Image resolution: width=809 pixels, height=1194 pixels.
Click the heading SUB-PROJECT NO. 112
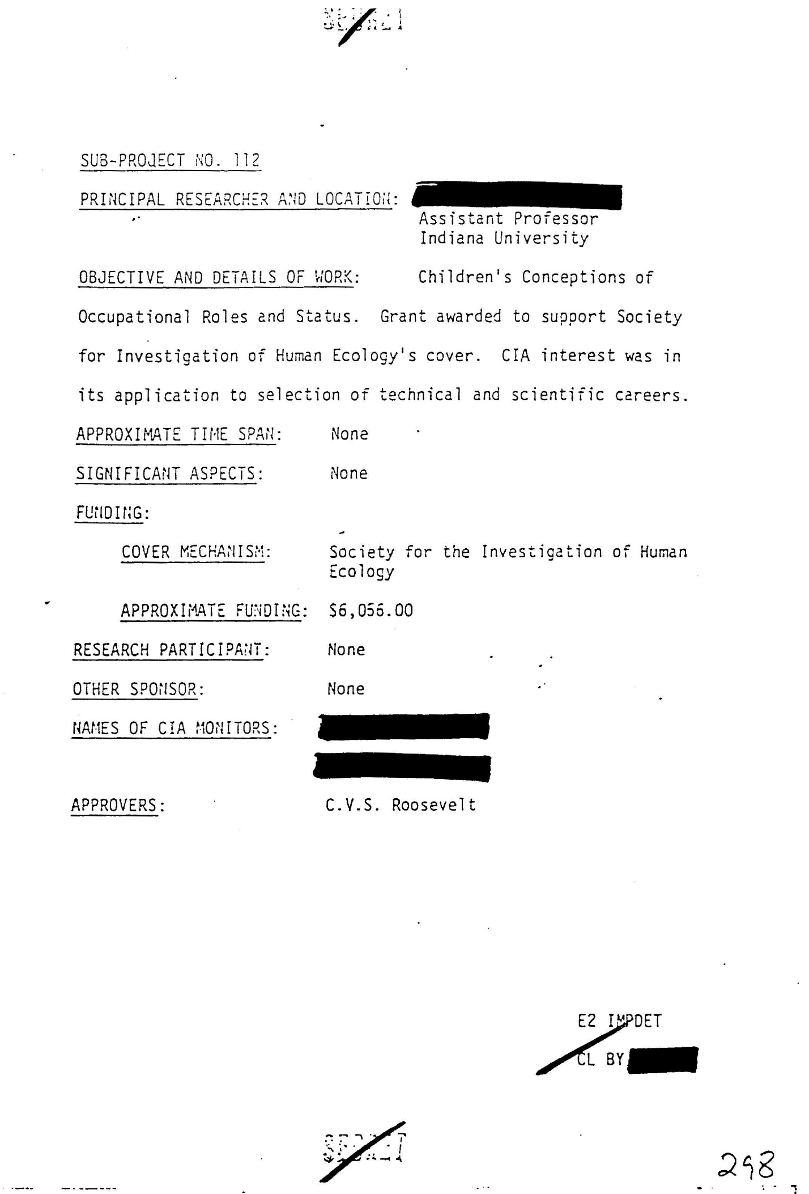170,160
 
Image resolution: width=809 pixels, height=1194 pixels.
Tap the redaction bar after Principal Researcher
518,197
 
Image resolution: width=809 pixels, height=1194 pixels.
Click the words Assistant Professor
508,219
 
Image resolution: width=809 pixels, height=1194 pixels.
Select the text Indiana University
504,238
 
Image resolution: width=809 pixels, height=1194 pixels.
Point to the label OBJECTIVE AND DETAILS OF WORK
219,277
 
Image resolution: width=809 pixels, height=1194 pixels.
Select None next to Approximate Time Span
350,434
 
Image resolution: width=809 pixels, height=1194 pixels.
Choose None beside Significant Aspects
349,473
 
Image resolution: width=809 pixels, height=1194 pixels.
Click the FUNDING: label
112,513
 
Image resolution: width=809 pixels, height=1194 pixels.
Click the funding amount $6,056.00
371,611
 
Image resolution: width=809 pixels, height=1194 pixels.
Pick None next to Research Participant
346,650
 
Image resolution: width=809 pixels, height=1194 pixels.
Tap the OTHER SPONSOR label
138,689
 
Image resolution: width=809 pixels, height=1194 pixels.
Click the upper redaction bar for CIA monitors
403,727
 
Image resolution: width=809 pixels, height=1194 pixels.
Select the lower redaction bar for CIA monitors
402,768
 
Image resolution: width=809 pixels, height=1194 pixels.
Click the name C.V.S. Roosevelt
401,805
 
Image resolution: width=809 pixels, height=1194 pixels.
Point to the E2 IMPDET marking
619,1021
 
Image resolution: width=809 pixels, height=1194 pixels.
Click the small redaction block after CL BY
663,1060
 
